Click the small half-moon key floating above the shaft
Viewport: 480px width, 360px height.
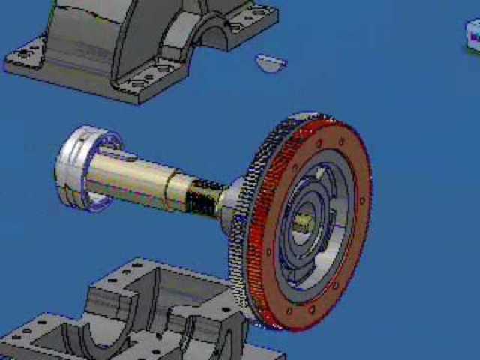click(x=270, y=63)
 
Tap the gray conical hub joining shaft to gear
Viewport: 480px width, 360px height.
click(x=234, y=199)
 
